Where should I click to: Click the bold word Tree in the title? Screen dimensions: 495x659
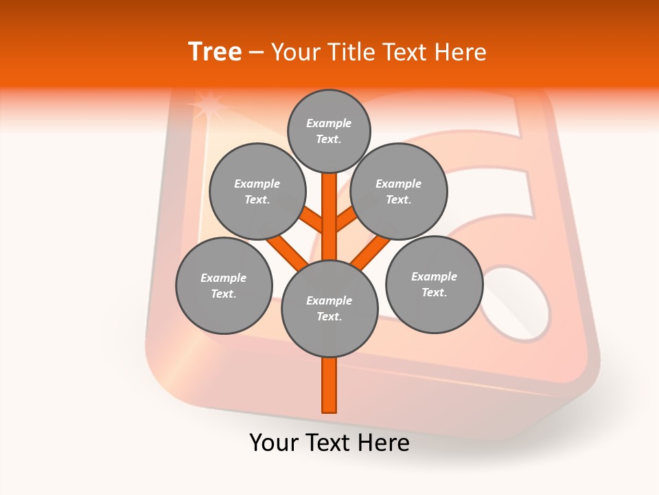[215, 52]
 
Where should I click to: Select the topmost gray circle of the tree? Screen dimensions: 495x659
[329, 131]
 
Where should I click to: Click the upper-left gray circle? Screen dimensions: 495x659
[257, 192]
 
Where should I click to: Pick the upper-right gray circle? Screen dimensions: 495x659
[399, 192]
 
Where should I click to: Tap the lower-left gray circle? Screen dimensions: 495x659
[224, 286]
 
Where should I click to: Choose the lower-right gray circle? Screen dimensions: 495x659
[434, 285]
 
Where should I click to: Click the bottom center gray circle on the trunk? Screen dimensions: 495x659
[329, 309]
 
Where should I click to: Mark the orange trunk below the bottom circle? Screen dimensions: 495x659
[329, 385]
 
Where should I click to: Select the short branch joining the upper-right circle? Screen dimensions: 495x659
[346, 220]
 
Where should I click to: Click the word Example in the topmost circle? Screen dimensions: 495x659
[329, 124]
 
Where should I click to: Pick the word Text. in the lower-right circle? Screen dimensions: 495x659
[434, 293]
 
